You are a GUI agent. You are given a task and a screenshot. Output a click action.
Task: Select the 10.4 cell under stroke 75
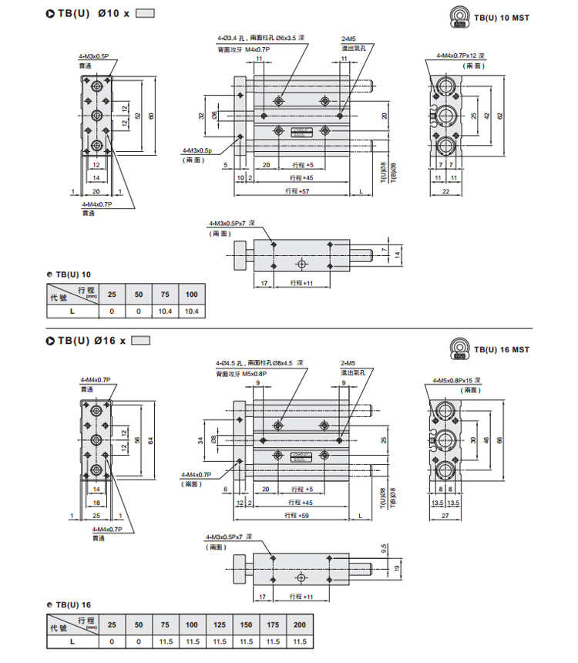[165, 311]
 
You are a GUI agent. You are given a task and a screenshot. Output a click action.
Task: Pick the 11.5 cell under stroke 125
[219, 641]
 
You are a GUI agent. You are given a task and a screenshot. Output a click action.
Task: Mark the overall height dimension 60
[151, 116]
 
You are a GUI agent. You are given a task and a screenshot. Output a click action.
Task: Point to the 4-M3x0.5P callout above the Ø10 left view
[94, 56]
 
